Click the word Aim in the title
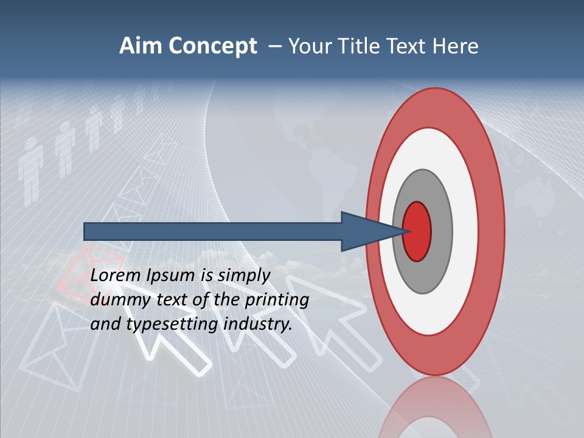click(141, 46)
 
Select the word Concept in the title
click(212, 46)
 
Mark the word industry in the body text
click(257, 324)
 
